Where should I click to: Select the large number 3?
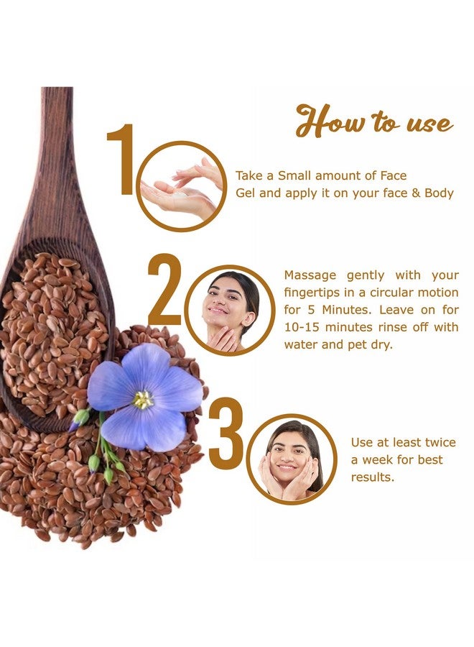pos(226,434)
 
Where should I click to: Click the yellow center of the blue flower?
pos(143,399)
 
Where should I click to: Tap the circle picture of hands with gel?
pos(180,185)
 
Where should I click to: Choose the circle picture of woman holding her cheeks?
pos(291,459)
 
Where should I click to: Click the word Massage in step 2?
pos(308,275)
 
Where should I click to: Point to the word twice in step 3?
pos(439,443)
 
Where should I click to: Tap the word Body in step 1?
pos(439,193)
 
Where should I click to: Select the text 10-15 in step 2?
pos(301,327)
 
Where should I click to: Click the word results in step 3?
pos(373,477)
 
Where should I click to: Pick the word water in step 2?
pos(301,344)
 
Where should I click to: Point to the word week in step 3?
pos(383,460)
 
